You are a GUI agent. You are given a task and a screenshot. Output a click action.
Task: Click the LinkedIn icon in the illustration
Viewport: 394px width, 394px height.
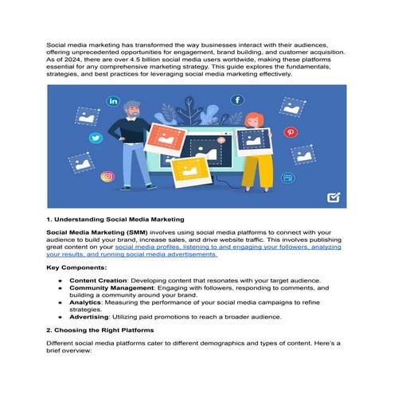coord(113,102)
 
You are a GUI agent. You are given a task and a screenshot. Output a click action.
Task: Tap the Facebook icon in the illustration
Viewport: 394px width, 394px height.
coord(237,100)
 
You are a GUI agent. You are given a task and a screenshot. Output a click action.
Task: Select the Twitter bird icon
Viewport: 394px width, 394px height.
coord(96,138)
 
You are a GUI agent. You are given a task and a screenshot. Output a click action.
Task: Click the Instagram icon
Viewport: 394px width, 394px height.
coord(107,177)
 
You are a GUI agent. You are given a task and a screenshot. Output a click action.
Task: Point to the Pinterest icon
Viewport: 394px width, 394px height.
coord(291,132)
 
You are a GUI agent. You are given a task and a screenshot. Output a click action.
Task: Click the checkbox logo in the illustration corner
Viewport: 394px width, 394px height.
coord(335,199)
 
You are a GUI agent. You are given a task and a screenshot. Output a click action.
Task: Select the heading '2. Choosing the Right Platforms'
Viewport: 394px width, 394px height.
coord(102,329)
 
